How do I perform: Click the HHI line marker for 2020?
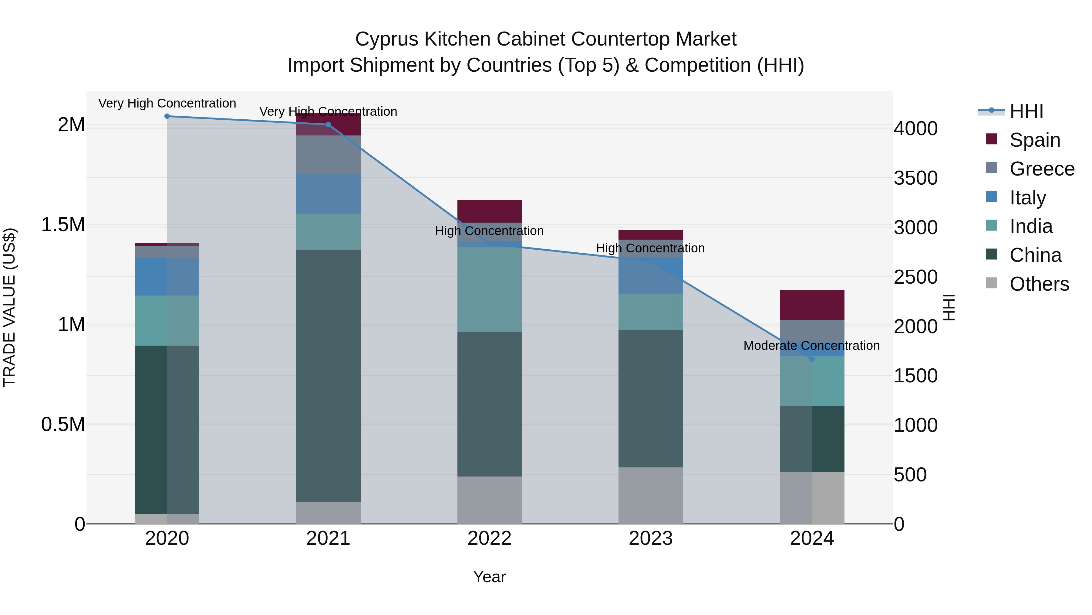[167, 116]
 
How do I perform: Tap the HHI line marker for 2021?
[328, 124]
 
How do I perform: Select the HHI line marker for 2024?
[812, 359]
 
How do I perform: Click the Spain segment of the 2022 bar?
[489, 211]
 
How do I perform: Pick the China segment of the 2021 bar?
[328, 376]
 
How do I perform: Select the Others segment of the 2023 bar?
[650, 495]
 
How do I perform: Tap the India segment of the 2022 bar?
[489, 289]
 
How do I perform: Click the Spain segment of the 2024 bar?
[812, 305]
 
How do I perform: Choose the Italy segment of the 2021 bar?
[328, 193]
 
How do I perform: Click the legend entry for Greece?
[1042, 169]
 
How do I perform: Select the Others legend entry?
[1039, 284]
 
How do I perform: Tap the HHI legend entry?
[1026, 111]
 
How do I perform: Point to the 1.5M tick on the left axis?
[63, 225]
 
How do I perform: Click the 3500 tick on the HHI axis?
[916, 178]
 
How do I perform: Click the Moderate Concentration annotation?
[811, 346]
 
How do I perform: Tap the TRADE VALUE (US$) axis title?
[9, 307]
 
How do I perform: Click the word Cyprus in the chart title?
[387, 39]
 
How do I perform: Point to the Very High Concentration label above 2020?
[167, 104]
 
